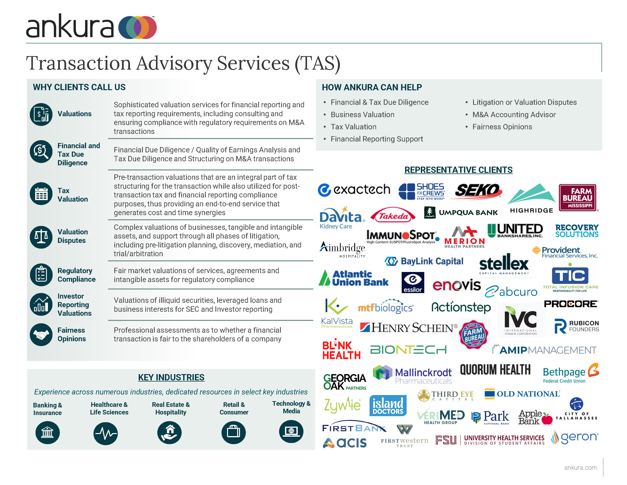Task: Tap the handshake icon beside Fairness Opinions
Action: pyautogui.click(x=41, y=334)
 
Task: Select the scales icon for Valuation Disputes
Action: pyautogui.click(x=41, y=237)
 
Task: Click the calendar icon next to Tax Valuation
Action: pyautogui.click(x=41, y=193)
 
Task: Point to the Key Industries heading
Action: pyautogui.click(x=171, y=377)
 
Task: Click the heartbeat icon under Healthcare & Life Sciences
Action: pyautogui.click(x=106, y=433)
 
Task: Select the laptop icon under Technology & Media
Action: pyautogui.click(x=291, y=431)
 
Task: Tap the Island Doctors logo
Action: pyautogui.click(x=388, y=406)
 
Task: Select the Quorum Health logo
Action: pyautogui.click(x=495, y=370)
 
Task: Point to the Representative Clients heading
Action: pyautogui.click(x=458, y=170)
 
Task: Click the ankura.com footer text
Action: pyautogui.click(x=580, y=468)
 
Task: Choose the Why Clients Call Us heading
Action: pyautogui.click(x=79, y=87)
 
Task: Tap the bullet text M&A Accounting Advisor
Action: pyautogui.click(x=514, y=115)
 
